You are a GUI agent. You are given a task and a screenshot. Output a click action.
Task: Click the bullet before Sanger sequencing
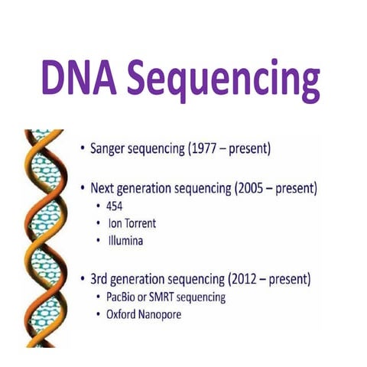tap(81, 148)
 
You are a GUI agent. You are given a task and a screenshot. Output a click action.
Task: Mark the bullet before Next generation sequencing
tap(81, 188)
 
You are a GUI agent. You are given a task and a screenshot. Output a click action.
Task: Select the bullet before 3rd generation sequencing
tap(81, 277)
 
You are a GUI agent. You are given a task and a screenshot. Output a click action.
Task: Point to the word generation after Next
tap(149, 188)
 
